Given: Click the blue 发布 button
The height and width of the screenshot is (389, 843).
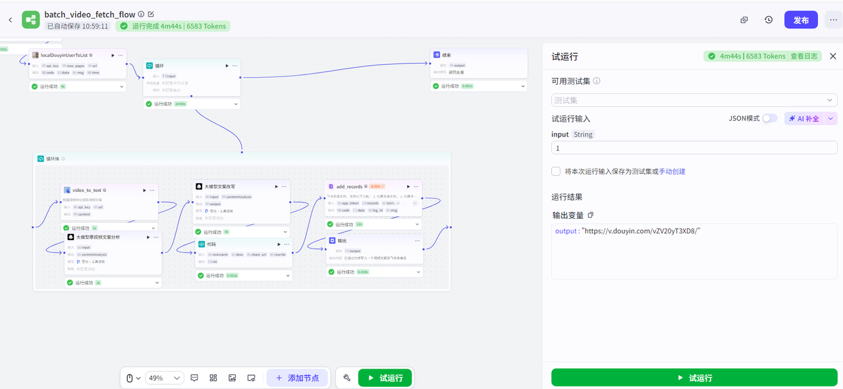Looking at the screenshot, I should tap(801, 20).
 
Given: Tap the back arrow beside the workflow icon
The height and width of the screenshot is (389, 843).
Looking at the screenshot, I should tap(10, 20).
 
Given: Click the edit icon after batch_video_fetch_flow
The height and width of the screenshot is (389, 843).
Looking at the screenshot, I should tap(151, 14).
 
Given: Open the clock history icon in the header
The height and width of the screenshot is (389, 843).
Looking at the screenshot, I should tap(769, 20).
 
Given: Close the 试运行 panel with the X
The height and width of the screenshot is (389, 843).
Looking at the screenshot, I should tap(832, 56).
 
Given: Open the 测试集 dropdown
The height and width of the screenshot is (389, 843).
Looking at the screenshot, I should tap(694, 100).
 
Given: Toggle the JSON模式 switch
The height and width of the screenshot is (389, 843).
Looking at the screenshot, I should tap(769, 119).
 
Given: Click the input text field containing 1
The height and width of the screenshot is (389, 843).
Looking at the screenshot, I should tap(694, 148).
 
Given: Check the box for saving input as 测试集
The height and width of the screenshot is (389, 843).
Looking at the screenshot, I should tap(557, 171).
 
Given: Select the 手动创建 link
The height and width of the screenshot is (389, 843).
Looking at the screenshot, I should tap(672, 171).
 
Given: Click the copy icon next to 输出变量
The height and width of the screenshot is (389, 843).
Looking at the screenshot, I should tap(591, 215).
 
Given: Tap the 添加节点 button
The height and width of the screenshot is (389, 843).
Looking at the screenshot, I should tap(297, 378).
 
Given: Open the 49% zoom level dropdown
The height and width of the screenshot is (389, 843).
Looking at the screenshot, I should tap(165, 378).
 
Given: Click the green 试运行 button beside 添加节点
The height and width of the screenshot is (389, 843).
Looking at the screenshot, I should tap(385, 378).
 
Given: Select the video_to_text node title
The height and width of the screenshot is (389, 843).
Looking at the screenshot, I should tap(87, 190).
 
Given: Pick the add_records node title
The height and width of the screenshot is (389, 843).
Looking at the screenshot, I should tap(349, 187).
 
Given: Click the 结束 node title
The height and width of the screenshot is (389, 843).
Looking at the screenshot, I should tap(447, 55).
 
